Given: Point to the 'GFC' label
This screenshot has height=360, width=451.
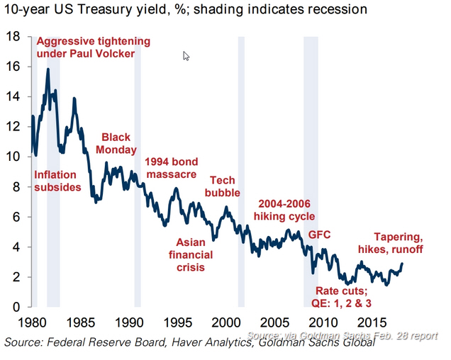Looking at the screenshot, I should click(320, 234).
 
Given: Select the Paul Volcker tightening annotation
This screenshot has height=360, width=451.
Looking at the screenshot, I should click(93, 47).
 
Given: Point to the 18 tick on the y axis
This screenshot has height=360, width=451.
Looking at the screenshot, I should click(13, 36).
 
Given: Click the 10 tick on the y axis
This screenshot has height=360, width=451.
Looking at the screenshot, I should click(13, 157).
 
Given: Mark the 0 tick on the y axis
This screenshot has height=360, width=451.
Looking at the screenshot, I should click(16, 307).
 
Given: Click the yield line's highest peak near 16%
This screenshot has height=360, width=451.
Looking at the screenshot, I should click(48, 69).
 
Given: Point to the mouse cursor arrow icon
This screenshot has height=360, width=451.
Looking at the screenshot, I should click(186, 57).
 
